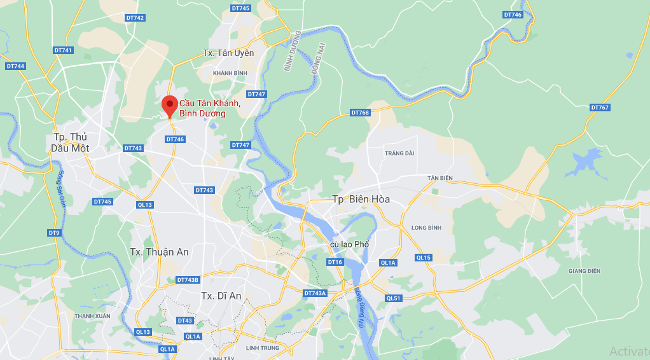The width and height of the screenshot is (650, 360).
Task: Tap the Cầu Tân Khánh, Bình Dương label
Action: tap(209, 108)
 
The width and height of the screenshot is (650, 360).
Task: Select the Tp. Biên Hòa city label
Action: tap(361, 199)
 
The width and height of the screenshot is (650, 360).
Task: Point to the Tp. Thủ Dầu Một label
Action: tap(70, 142)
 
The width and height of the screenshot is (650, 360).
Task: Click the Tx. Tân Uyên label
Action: tap(228, 53)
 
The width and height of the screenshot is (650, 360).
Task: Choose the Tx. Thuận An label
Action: tap(159, 252)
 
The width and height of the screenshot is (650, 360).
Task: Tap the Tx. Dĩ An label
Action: tap(221, 296)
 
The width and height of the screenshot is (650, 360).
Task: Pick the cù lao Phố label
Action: tap(349, 244)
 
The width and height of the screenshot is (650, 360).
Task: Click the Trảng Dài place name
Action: tap(399, 153)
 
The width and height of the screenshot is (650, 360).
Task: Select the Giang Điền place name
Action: tap(584, 271)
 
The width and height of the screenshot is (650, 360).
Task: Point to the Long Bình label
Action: tap(426, 227)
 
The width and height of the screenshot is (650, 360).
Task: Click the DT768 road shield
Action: tap(360, 113)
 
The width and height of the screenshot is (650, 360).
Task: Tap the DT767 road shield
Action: tap(600, 107)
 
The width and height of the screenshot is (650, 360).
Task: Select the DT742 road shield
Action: tap(135, 18)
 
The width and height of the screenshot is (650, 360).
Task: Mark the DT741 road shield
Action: tap(64, 50)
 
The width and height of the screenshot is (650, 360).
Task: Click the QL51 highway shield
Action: tap(394, 298)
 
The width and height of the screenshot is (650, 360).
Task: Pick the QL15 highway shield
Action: tap(424, 258)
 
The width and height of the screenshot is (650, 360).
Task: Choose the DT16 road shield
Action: tap(335, 262)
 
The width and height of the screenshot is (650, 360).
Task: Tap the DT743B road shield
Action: tap(188, 280)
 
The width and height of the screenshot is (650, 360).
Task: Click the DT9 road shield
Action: tap(54, 233)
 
